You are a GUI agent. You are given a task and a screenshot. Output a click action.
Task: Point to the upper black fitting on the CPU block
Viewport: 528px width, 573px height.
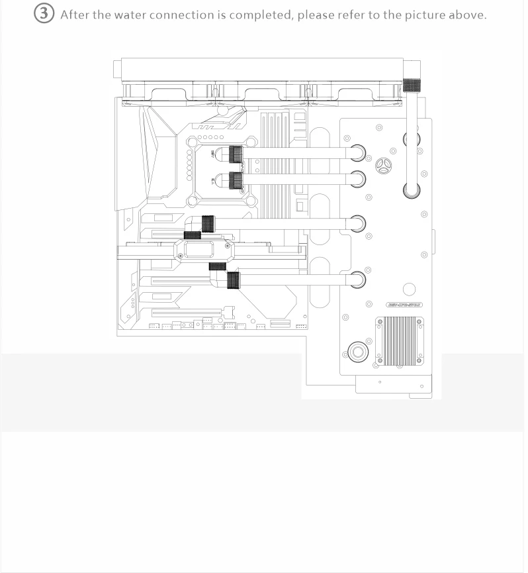(x=235, y=154)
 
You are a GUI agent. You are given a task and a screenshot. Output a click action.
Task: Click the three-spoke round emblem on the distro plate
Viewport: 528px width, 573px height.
(x=384, y=166)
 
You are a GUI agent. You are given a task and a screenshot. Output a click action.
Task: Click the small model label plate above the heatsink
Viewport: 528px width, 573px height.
(x=404, y=305)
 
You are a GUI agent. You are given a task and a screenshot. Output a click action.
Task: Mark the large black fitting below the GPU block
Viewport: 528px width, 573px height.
(x=234, y=280)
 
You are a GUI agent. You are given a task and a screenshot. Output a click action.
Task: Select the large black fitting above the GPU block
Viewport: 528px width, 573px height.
(x=208, y=223)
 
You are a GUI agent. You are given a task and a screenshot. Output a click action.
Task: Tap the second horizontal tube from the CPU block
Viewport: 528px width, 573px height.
(x=298, y=179)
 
